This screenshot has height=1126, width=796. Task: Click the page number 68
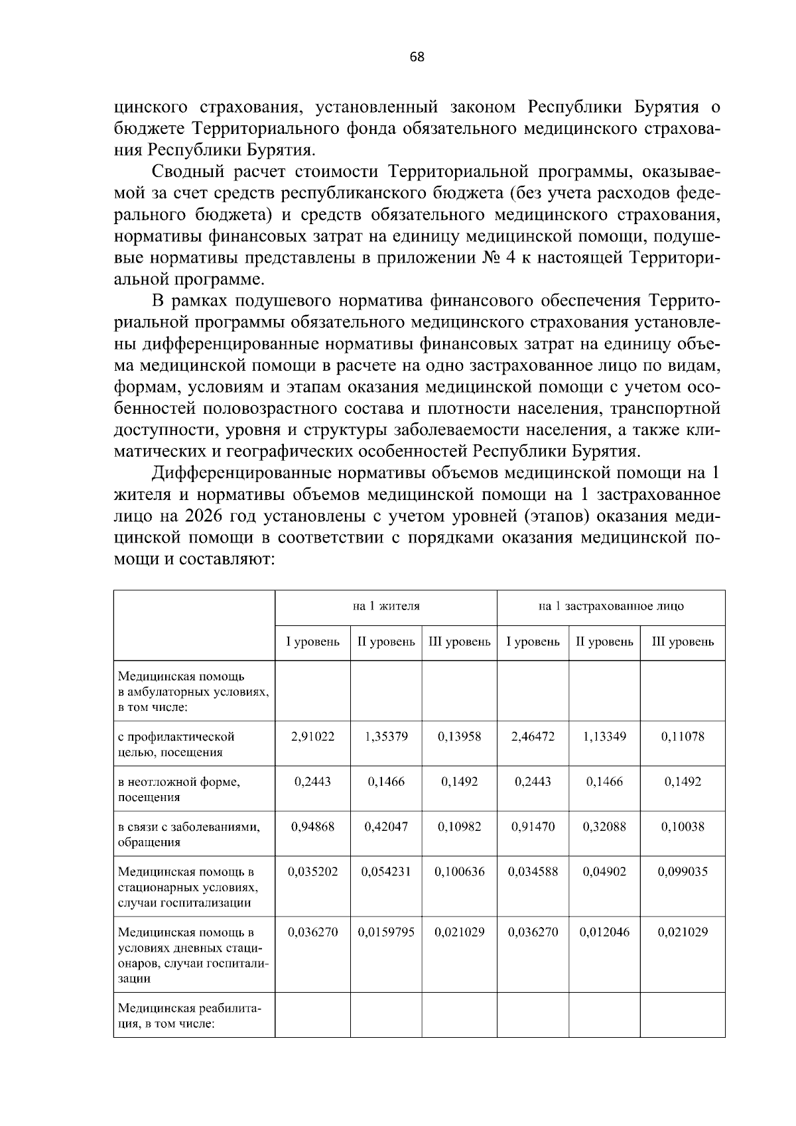pyautogui.click(x=417, y=57)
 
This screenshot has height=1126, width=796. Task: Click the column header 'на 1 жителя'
pyautogui.click(x=385, y=605)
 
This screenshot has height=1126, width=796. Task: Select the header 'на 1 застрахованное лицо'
pyautogui.click(x=610, y=605)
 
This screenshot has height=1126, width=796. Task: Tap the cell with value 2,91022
pyautogui.click(x=312, y=736)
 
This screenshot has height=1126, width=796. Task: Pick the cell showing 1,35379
pyautogui.click(x=386, y=736)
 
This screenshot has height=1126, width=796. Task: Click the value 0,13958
pyautogui.click(x=459, y=736)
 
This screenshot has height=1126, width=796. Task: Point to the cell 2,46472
pyautogui.click(x=533, y=736)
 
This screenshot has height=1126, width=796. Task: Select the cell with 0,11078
pyautogui.click(x=683, y=736)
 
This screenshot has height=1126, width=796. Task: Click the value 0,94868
pyautogui.click(x=312, y=826)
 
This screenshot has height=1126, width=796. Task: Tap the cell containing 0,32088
pyautogui.click(x=604, y=826)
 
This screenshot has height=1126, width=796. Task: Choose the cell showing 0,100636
pyautogui.click(x=459, y=871)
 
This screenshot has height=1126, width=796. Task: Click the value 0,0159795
pyautogui.click(x=386, y=932)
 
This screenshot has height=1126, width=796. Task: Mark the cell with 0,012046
pyautogui.click(x=604, y=932)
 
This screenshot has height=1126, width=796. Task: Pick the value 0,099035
pyautogui.click(x=683, y=871)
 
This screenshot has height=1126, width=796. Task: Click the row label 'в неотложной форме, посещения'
pyautogui.click(x=179, y=789)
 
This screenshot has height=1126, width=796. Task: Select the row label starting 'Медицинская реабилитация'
pyautogui.click(x=190, y=1016)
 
